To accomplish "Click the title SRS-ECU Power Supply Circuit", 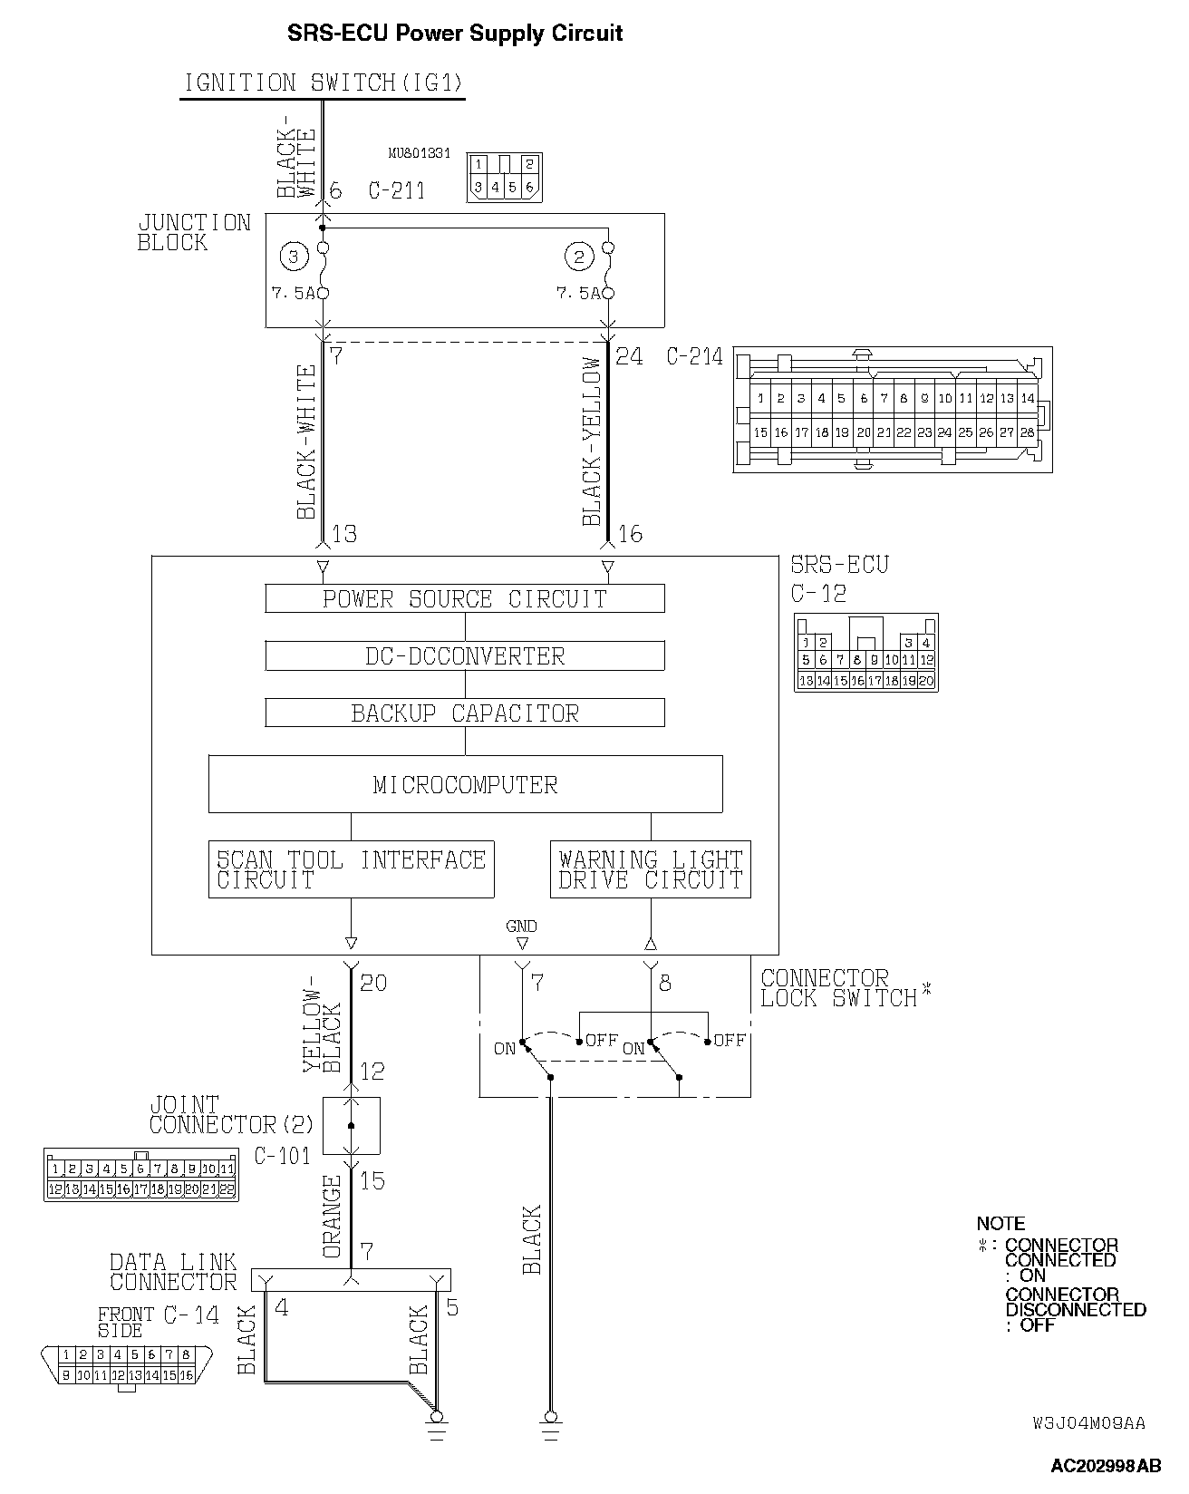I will pyautogui.click(x=454, y=34).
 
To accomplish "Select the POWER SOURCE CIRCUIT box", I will pyautogui.click(x=464, y=599).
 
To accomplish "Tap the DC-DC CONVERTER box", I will pyautogui.click(x=464, y=656).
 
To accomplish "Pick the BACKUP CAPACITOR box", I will pyautogui.click(x=464, y=713).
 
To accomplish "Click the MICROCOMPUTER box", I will pyautogui.click(x=465, y=784).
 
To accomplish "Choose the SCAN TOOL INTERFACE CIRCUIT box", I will pyautogui.click(x=351, y=869).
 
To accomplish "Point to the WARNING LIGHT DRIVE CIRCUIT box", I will pyautogui.click(x=650, y=869).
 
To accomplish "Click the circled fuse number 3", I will pyautogui.click(x=293, y=257).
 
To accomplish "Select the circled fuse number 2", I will pyautogui.click(x=578, y=257).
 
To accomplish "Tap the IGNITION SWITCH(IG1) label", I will pyautogui.click(x=324, y=83).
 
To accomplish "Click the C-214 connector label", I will pyautogui.click(x=694, y=357).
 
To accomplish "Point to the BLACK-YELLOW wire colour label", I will pyautogui.click(x=592, y=441).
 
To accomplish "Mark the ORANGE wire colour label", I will pyautogui.click(x=333, y=1217).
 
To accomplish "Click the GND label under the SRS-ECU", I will pyautogui.click(x=521, y=926).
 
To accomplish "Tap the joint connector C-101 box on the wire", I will pyautogui.click(x=351, y=1126).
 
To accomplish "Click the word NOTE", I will pyautogui.click(x=1000, y=1223).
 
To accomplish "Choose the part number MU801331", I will pyautogui.click(x=419, y=154).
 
